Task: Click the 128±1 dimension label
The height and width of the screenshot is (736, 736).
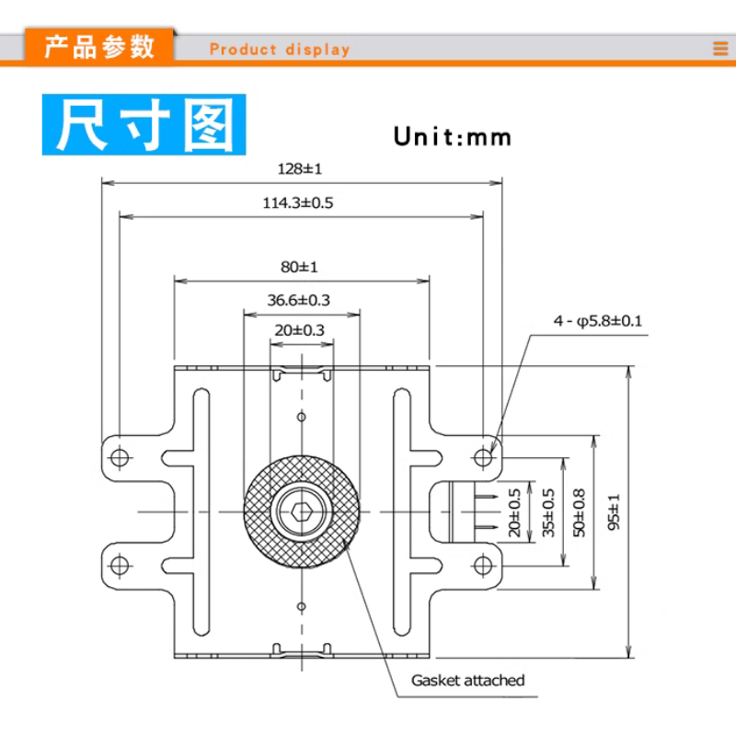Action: [299, 168]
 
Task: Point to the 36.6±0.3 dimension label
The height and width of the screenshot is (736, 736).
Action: [299, 300]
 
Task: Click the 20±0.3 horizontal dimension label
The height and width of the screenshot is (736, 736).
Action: [299, 329]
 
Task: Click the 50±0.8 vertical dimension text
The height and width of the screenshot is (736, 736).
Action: [579, 512]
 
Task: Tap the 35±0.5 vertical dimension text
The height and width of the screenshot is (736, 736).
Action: [548, 512]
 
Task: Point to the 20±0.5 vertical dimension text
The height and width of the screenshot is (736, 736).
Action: [515, 512]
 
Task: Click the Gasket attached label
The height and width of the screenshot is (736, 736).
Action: [467, 681]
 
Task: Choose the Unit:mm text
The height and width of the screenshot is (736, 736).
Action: [452, 137]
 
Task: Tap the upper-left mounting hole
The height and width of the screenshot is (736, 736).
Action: [119, 457]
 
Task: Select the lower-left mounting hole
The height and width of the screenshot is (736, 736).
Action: [119, 563]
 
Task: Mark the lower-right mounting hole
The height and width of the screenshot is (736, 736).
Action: [483, 563]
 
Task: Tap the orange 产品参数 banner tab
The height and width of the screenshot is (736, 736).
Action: [100, 47]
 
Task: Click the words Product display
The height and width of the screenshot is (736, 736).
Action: [280, 50]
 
